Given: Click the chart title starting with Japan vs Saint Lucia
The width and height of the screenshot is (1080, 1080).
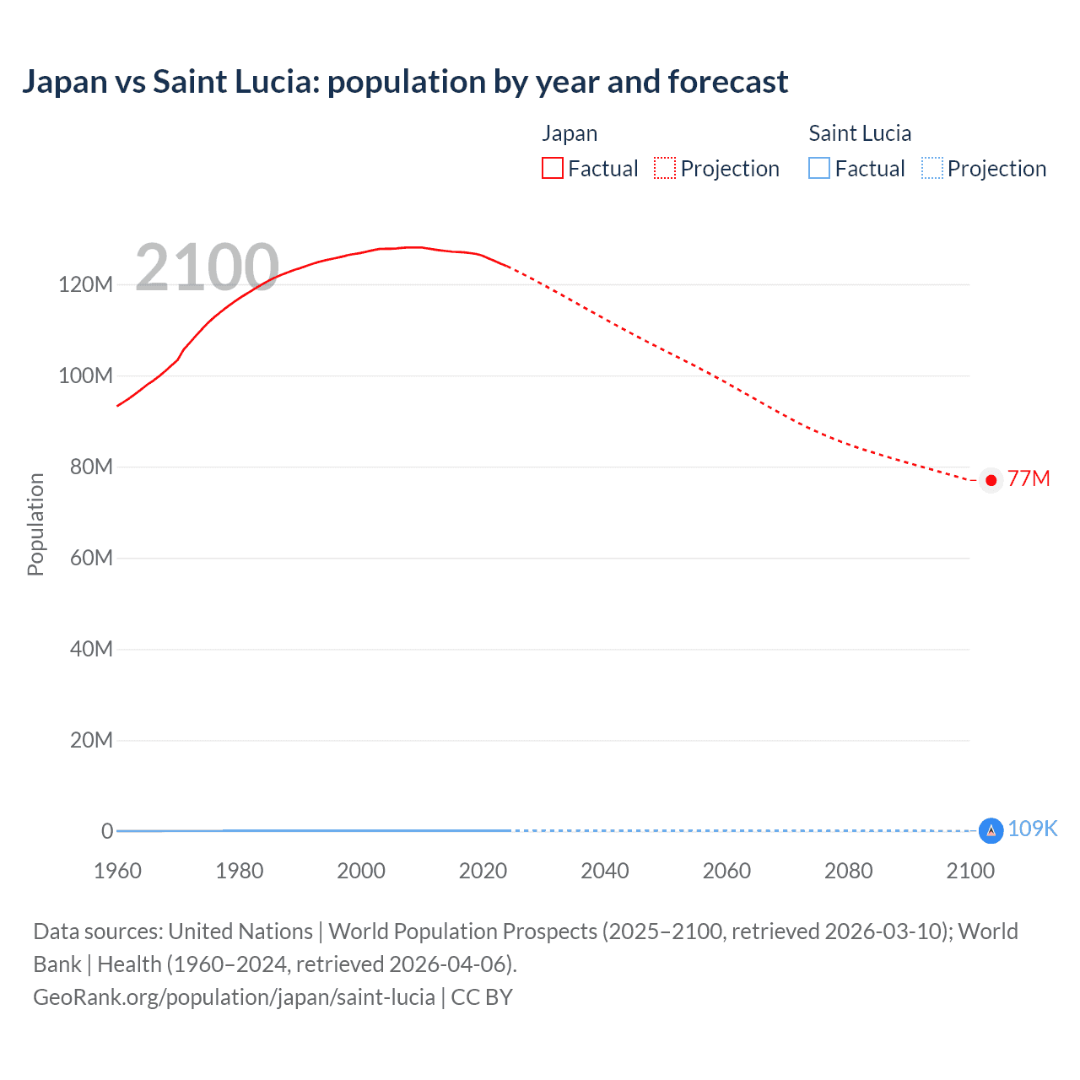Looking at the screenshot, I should coord(405,82).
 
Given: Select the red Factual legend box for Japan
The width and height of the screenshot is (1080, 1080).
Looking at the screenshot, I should coord(552,169).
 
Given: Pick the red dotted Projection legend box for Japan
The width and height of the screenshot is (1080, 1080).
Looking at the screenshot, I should coord(665,169).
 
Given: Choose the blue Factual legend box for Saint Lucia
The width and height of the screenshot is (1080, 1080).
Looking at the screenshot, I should coord(819,169).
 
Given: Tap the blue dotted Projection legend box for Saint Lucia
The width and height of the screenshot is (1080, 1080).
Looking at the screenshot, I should coord(931,169).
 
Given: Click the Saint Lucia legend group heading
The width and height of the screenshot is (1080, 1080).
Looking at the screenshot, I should coord(860,133).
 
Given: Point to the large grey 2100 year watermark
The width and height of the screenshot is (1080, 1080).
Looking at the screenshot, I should coord(207,267).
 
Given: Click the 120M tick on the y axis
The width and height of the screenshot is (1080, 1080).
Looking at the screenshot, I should coord(85,284).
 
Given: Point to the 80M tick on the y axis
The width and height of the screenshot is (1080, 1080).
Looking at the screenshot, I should coord(90,467).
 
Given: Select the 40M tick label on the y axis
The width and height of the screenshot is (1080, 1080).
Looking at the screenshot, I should coord(90,649).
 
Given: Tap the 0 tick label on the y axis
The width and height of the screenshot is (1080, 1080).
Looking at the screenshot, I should coord(107,831).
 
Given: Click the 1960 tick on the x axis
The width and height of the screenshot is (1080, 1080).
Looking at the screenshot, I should coord(117,871).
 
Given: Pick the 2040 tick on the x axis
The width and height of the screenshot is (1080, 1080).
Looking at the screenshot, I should coord(605,871).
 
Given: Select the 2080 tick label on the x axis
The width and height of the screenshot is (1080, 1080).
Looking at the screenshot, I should coord(848,871).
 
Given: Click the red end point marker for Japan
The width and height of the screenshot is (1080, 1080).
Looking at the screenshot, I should coord(991,480).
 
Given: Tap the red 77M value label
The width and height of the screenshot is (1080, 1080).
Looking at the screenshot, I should coord(1029,479).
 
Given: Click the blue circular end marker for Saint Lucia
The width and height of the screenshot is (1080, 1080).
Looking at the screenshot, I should coord(991,831).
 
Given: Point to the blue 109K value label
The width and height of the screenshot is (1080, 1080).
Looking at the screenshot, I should coord(1032,829).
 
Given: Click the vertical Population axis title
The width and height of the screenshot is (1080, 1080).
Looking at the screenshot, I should coord(35,524).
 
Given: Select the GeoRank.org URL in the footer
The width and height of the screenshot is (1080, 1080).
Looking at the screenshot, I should coord(234,997).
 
